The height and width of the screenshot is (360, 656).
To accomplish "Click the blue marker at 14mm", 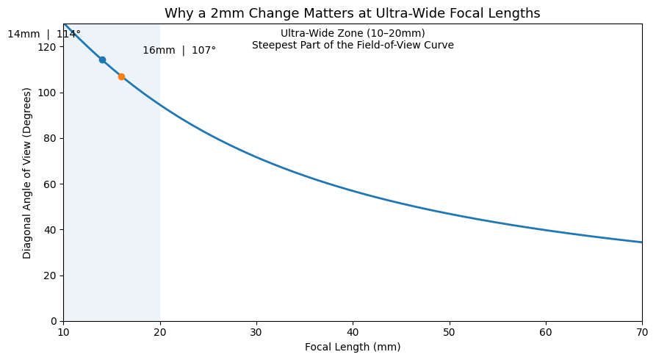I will tap(102, 60).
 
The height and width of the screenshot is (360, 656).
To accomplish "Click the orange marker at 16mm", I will tap(121, 76).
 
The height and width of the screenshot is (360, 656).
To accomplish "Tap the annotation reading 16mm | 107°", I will tap(179, 51).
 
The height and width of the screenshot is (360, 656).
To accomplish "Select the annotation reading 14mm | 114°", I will tap(44, 34).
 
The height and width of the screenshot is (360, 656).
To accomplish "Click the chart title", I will tap(352, 13).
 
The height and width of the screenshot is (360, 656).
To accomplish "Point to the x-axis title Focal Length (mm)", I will tap(353, 347).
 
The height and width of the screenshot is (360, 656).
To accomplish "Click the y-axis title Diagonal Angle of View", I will tap(27, 173).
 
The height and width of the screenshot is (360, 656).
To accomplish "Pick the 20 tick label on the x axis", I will tap(159, 332).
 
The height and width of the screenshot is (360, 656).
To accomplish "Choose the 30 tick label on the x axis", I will tap(256, 332).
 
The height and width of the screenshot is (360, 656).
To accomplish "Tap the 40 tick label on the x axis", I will tap(353, 332).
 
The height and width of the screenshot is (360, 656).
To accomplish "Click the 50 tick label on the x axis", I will tap(449, 332).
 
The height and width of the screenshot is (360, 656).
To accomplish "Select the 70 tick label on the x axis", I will tap(641, 332).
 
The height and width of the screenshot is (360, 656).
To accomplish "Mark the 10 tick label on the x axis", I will tap(63, 332).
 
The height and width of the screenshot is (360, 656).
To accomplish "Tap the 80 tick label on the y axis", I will tap(51, 138).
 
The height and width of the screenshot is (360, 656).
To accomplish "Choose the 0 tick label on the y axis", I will tap(54, 321).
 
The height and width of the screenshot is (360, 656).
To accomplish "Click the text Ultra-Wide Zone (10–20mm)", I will tap(353, 33).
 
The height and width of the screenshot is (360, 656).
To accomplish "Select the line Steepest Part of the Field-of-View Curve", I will tap(353, 46).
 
